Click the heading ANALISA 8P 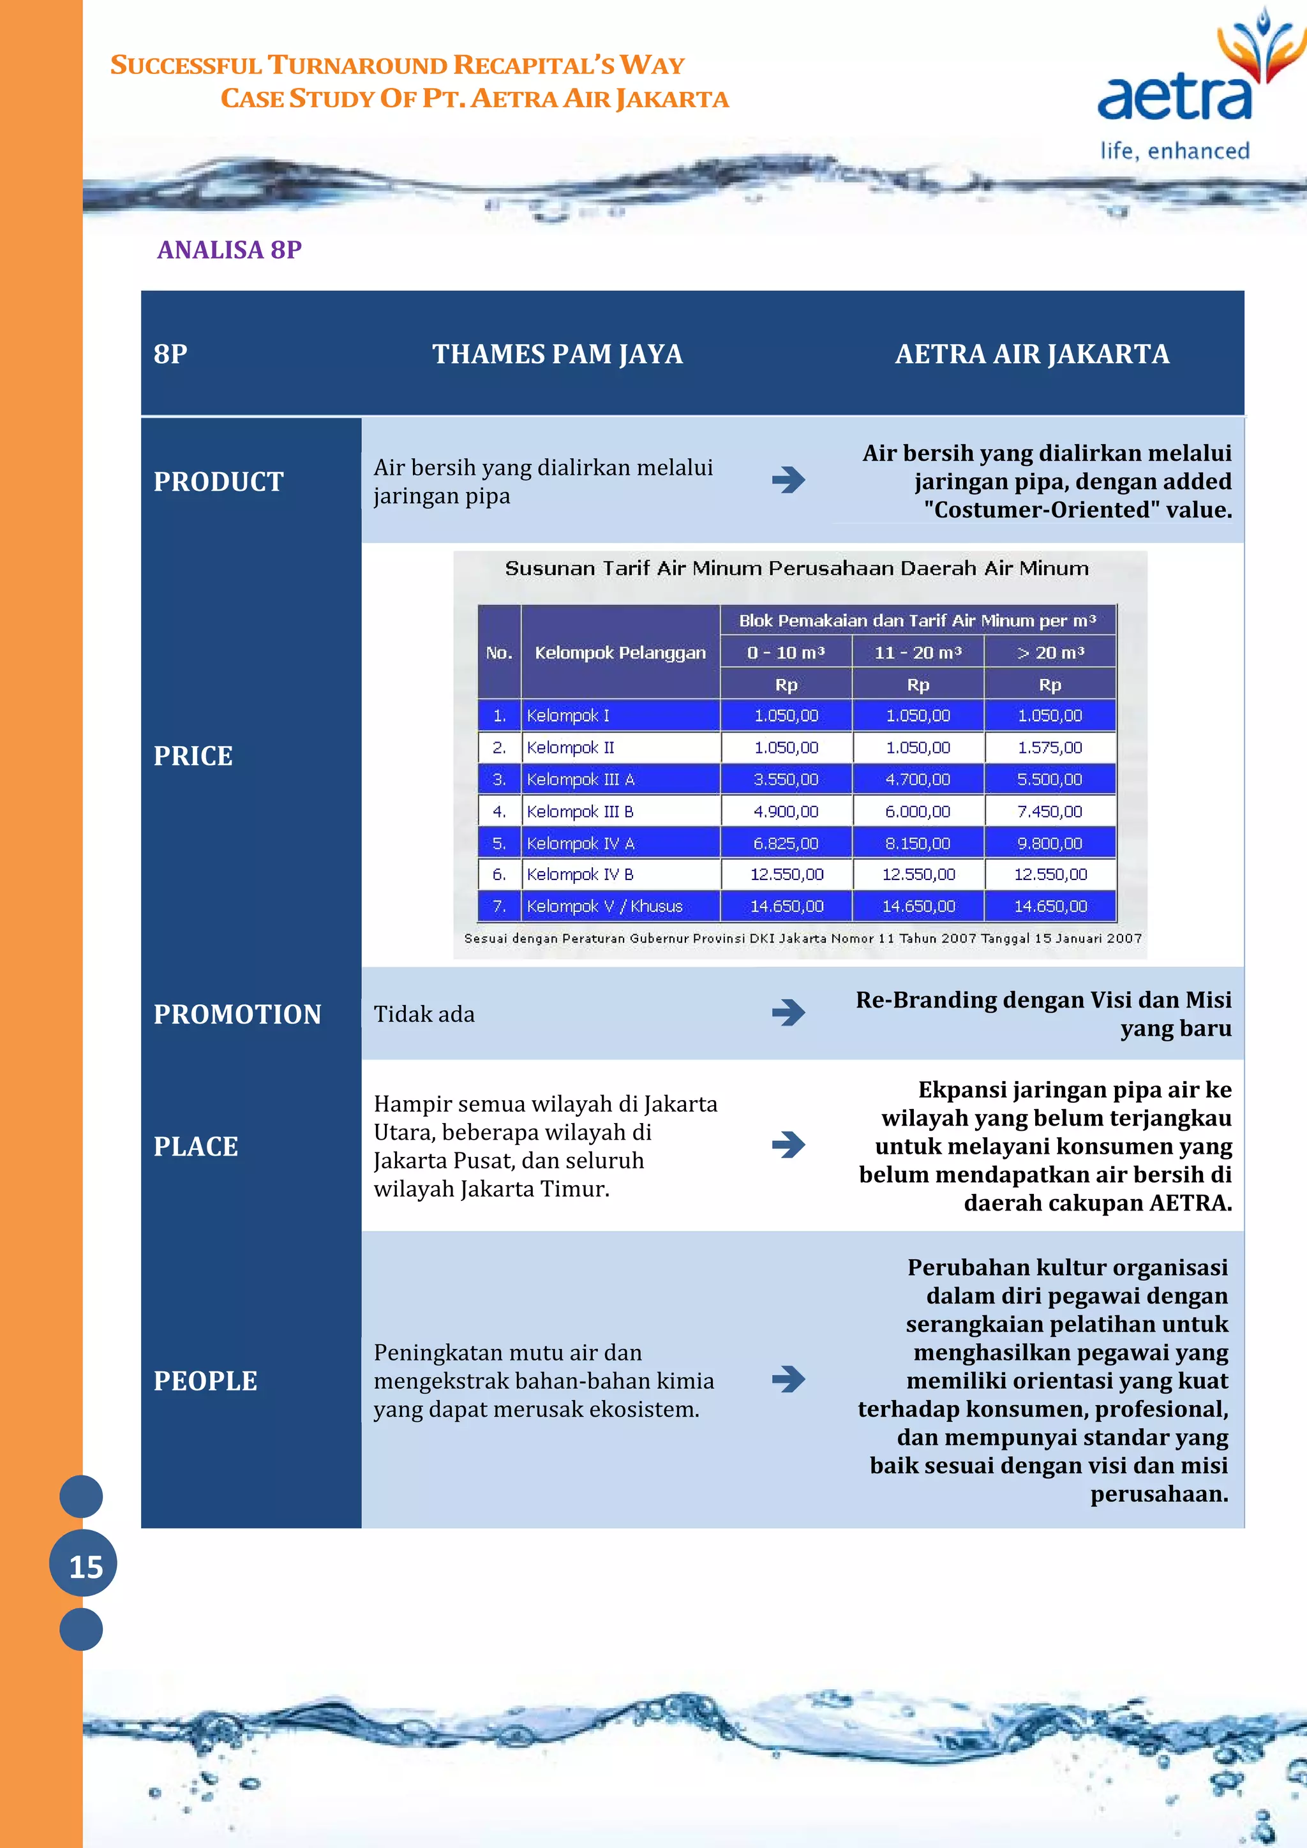[229, 250]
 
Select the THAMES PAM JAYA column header [557, 354]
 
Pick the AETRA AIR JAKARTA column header [1032, 354]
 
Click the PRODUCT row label [219, 481]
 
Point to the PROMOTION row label [237, 1014]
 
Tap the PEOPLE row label [206, 1380]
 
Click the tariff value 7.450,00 [1049, 811]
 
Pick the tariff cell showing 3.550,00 [786, 779]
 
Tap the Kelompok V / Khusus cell [604, 906]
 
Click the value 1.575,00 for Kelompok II [1049, 748]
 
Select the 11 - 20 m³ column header [918, 653]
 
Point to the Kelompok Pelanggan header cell [620, 653]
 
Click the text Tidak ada [424, 1014]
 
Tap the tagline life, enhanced [1174, 151]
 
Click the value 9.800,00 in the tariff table [1049, 844]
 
